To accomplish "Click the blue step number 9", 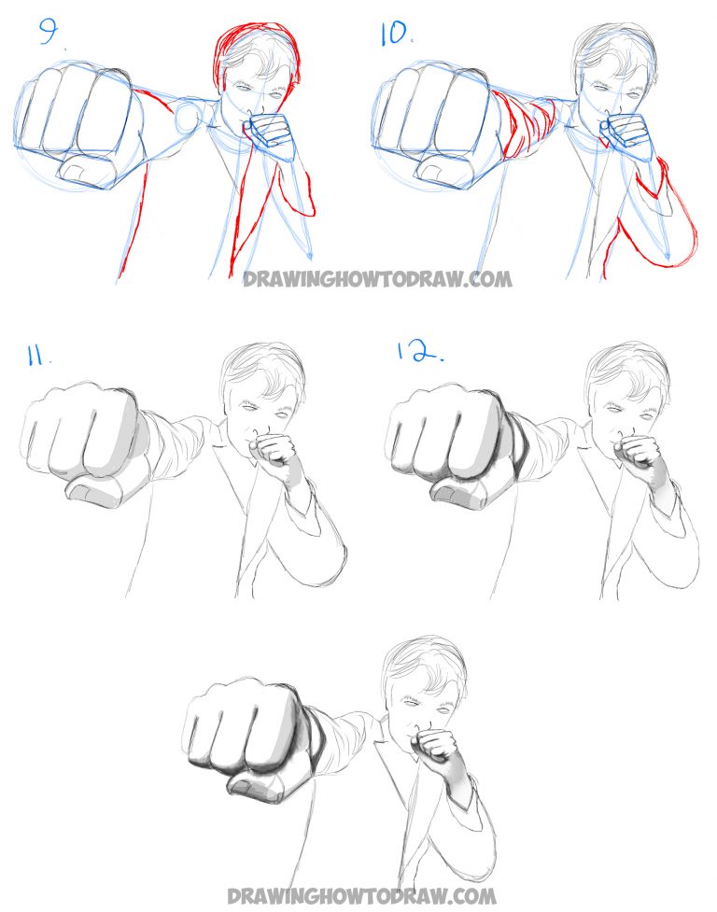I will pyautogui.click(x=49, y=36).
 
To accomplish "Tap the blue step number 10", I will pyautogui.click(x=393, y=35).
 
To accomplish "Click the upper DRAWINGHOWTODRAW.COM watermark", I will pyautogui.click(x=377, y=278).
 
